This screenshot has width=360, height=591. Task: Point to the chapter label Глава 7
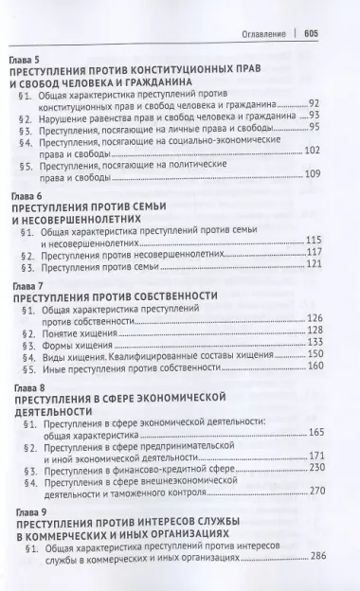point(25,283)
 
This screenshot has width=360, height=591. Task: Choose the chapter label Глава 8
point(25,388)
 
